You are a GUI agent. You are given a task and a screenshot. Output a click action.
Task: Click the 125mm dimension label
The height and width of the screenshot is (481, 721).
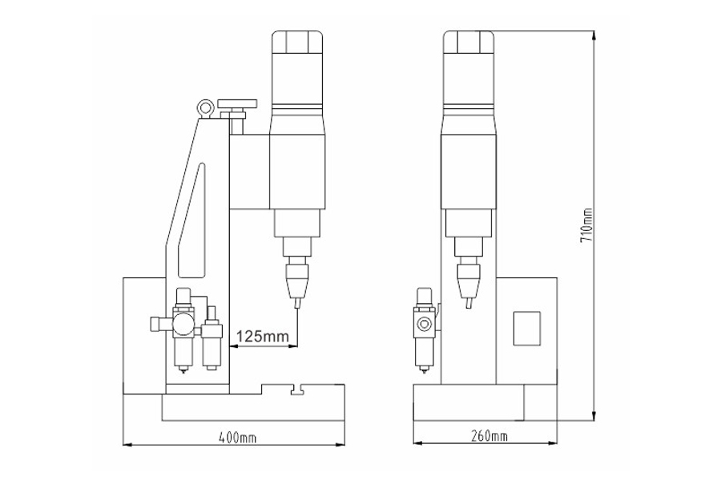pos(262,337)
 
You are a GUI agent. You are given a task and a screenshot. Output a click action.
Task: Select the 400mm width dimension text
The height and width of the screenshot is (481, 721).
pos(237,438)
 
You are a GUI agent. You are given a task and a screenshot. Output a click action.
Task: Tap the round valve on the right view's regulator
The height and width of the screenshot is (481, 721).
pos(423,325)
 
